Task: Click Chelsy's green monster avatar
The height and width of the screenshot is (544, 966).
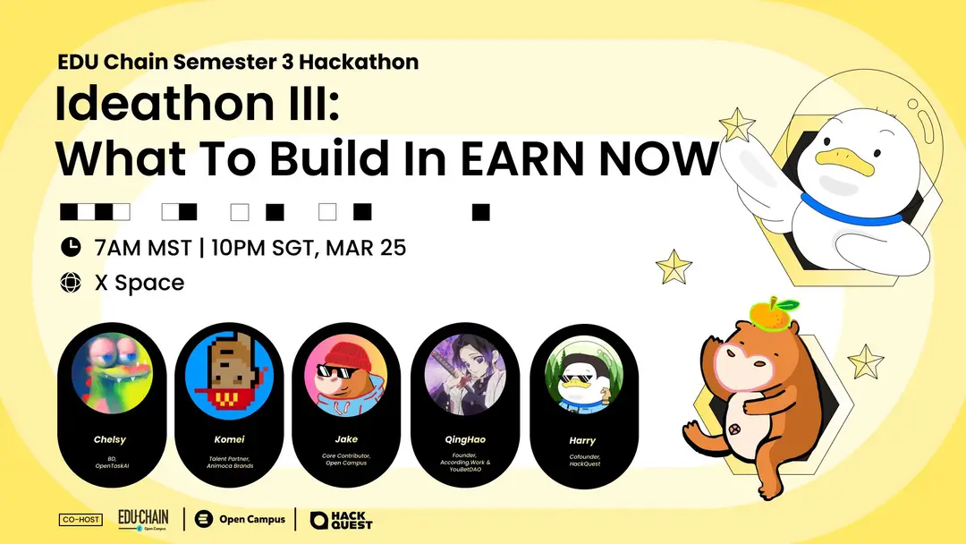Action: click(x=112, y=373)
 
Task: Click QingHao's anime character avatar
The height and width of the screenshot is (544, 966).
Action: click(x=465, y=374)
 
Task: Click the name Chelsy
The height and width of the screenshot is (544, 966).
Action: click(x=110, y=439)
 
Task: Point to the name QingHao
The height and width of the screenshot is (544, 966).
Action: click(x=465, y=439)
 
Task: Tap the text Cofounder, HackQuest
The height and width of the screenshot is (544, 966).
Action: click(x=585, y=460)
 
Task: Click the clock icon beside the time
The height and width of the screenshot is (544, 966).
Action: click(x=71, y=246)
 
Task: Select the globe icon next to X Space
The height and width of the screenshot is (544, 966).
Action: click(x=71, y=282)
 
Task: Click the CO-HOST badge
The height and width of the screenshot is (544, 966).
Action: click(x=80, y=519)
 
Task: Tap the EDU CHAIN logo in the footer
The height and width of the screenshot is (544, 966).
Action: click(x=143, y=519)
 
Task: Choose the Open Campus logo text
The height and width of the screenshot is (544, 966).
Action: click(x=252, y=519)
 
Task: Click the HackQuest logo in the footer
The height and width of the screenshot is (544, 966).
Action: click(x=342, y=520)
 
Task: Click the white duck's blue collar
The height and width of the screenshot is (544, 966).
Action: click(x=851, y=210)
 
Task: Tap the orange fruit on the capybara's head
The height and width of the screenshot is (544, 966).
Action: click(x=771, y=313)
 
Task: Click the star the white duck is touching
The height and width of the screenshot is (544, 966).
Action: click(x=736, y=125)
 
